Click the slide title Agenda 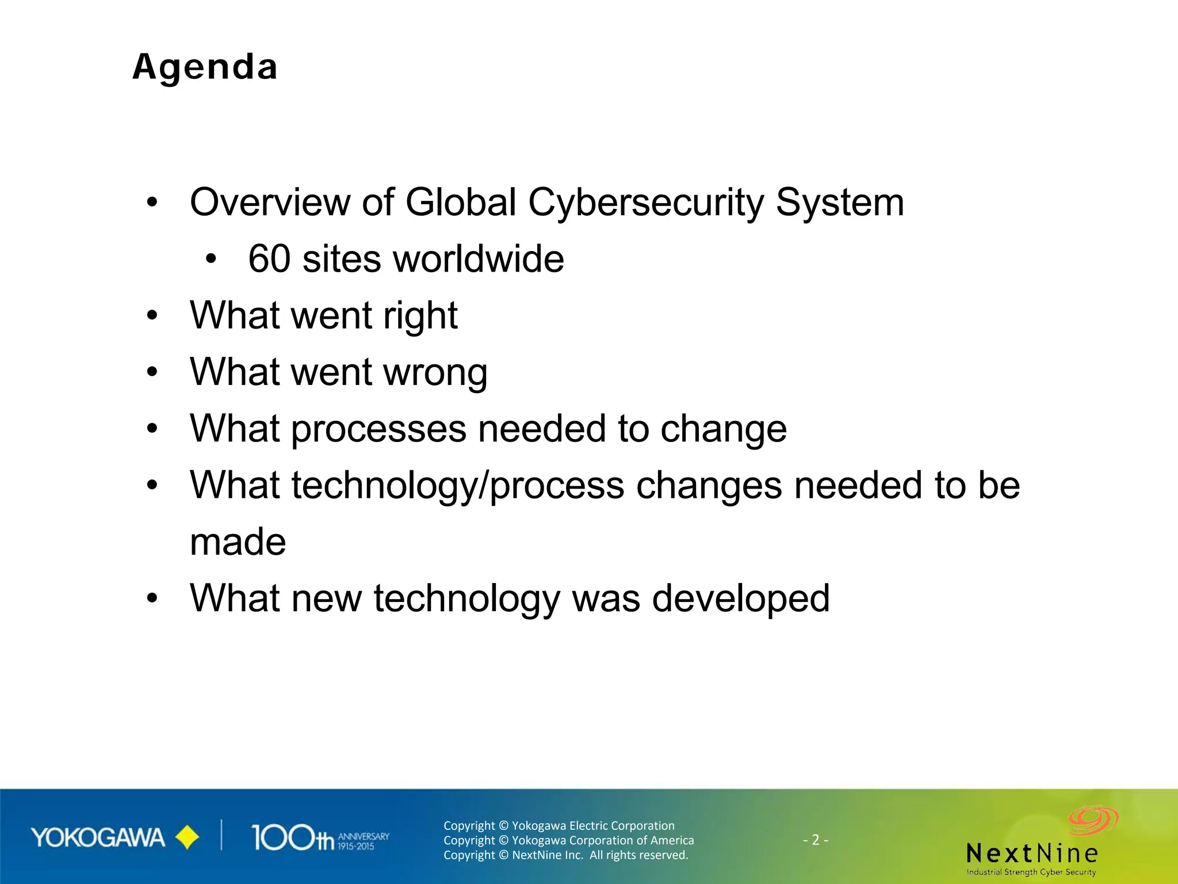coord(205,67)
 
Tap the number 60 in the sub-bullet coord(269,258)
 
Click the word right coord(420,316)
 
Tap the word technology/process coord(458,486)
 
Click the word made coord(238,542)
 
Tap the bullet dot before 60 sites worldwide coord(211,259)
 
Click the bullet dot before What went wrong coord(152,372)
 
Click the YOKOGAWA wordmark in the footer coord(98,838)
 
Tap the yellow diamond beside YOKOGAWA coord(186,837)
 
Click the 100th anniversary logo coord(320,838)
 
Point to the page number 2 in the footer coord(815,840)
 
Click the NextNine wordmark coord(1032,853)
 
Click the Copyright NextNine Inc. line coord(565,855)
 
